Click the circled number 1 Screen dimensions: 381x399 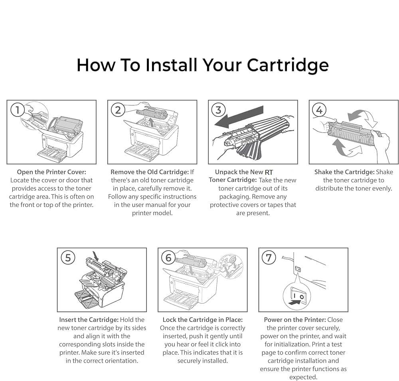[x=17, y=110]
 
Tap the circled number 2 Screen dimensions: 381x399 [x=118, y=110]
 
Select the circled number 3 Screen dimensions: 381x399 [x=218, y=110]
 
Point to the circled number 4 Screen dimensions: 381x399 [x=319, y=110]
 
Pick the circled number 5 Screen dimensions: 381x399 [x=68, y=258]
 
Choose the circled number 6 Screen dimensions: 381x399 [x=168, y=258]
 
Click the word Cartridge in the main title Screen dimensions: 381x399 [x=287, y=65]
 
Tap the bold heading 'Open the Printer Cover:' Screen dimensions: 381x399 [x=51, y=172]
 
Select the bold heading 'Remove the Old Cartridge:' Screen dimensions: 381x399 [x=149, y=172]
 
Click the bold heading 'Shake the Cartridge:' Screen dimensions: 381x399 [x=344, y=172]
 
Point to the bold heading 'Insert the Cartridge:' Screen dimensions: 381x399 [x=89, y=320]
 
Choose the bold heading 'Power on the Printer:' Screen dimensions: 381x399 [x=295, y=320]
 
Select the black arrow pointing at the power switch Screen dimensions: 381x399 [x=294, y=304]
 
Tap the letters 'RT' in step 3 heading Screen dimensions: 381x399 [x=269, y=172]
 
